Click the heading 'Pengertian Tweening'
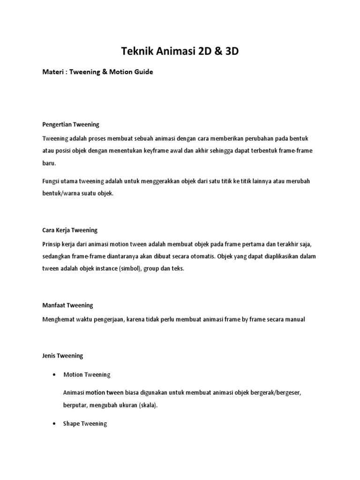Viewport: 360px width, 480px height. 71,125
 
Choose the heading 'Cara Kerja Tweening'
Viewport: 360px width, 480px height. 70,230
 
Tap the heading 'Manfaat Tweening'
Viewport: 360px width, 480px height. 67,305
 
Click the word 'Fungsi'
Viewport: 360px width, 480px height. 52,181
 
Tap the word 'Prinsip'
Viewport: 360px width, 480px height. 52,244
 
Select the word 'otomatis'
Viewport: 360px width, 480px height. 185,257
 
